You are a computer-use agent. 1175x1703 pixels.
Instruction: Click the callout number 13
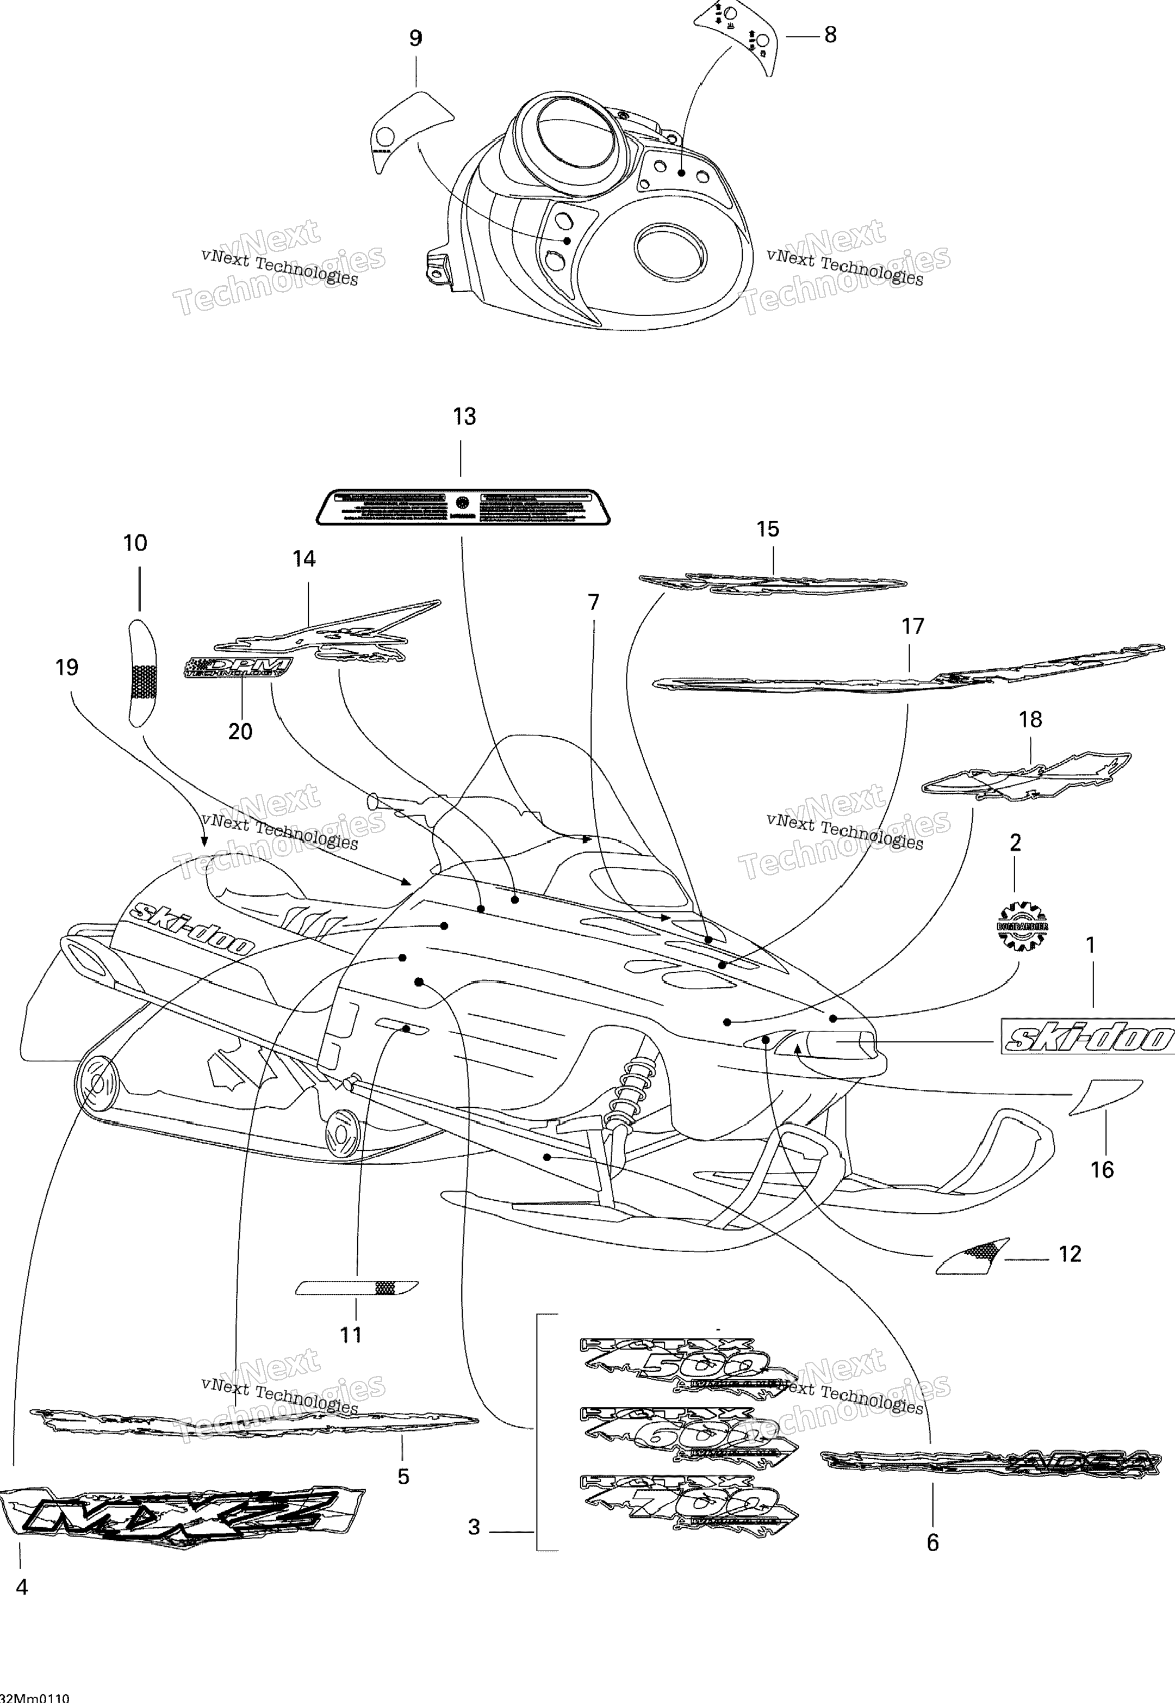pyautogui.click(x=464, y=417)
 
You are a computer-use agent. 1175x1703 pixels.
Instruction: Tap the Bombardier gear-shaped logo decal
pyautogui.click(x=1022, y=926)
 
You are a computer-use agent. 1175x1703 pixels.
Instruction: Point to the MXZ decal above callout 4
pyautogui.click(x=181, y=1514)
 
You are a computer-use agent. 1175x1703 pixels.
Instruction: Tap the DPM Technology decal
pyautogui.click(x=237, y=668)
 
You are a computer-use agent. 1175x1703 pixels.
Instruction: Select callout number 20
pyautogui.click(x=240, y=731)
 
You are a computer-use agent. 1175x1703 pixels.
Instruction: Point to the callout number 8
pyautogui.click(x=830, y=35)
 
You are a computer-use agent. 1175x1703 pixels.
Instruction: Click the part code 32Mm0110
pyautogui.click(x=35, y=1696)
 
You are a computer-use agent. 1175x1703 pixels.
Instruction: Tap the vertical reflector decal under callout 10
pyautogui.click(x=142, y=672)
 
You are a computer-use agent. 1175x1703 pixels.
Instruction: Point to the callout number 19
pyautogui.click(x=66, y=668)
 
